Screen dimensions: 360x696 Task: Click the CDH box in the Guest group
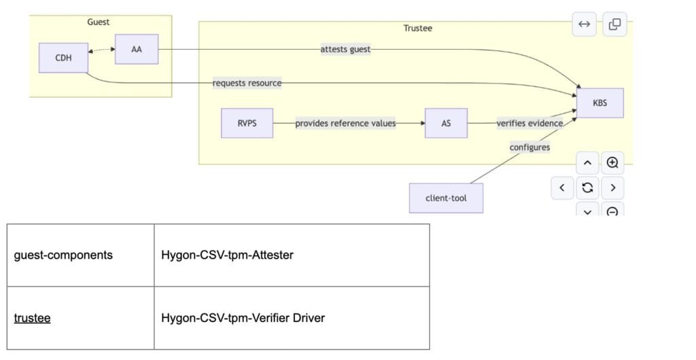click(x=63, y=58)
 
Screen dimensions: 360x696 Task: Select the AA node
click(x=136, y=50)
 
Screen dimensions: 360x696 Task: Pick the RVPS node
click(x=247, y=123)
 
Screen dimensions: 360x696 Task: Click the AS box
click(x=446, y=123)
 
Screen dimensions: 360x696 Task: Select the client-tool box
click(x=446, y=198)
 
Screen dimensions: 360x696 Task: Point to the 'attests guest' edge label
click(x=345, y=49)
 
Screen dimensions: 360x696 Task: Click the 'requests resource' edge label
click(x=247, y=83)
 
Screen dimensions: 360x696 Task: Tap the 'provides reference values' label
click(x=345, y=123)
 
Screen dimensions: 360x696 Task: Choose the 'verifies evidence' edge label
click(x=529, y=123)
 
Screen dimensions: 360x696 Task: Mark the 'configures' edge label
click(x=529, y=147)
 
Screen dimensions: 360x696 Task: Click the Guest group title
click(x=99, y=22)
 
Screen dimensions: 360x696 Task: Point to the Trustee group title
click(x=417, y=28)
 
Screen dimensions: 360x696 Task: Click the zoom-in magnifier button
click(x=612, y=163)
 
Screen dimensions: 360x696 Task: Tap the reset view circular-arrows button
click(x=587, y=187)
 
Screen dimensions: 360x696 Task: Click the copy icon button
click(x=614, y=24)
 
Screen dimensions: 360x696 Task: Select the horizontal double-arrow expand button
click(x=584, y=24)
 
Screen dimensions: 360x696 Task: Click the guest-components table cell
click(x=63, y=255)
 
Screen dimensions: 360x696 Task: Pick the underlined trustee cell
click(x=33, y=317)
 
